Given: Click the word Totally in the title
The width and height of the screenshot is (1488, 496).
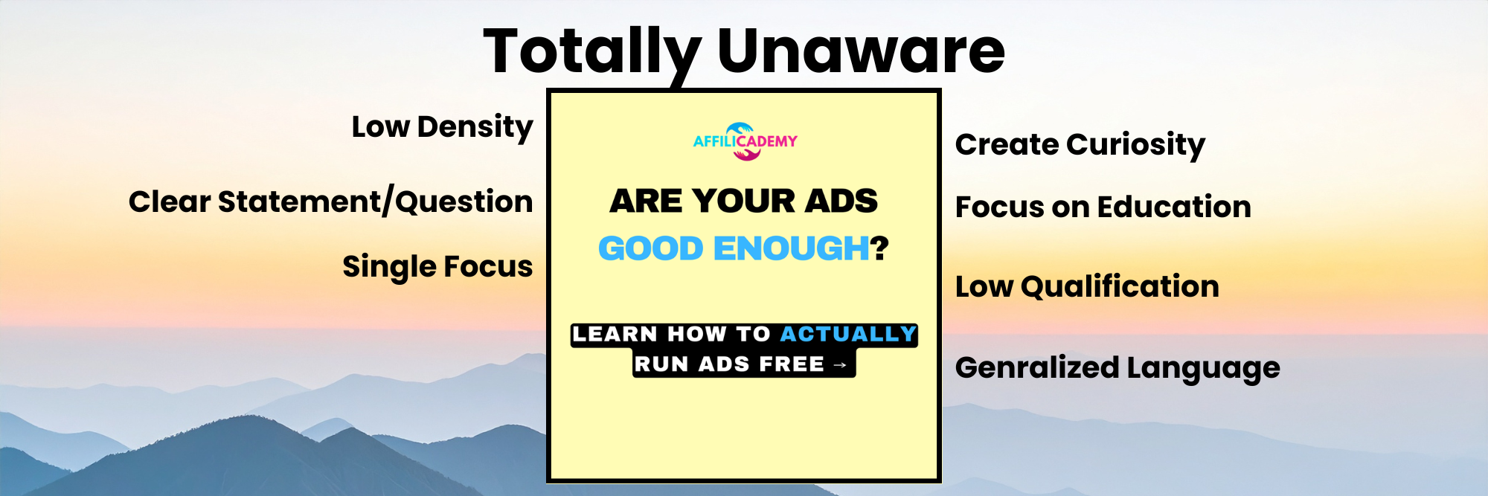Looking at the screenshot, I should coord(591,52).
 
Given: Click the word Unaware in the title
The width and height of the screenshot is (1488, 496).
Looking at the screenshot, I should coord(861,52).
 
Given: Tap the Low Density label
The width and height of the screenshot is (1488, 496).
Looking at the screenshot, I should coord(442,127).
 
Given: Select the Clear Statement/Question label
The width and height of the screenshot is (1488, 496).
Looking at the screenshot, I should coord(330,202).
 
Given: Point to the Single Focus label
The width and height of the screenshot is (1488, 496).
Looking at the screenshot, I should coord(437,266).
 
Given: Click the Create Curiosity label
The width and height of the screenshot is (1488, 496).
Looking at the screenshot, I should coord(1080,144).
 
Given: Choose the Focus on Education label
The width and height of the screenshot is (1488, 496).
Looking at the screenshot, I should coord(1103,207).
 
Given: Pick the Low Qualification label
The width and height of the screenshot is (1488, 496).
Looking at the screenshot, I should coord(1087,286).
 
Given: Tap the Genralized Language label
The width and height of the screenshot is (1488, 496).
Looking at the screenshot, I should coord(1117,367).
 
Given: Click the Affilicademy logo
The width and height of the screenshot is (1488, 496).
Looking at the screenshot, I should coord(745,141).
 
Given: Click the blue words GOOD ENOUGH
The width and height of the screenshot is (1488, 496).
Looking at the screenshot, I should coord(734,248).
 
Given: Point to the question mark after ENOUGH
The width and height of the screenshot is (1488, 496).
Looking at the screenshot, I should coord(880,248).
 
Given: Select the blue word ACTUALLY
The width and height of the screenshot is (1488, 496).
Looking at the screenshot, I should coord(848,335).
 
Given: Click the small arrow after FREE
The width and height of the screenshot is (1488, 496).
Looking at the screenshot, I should coord(840,365).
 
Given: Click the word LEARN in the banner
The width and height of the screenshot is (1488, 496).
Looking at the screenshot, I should coord(615,335).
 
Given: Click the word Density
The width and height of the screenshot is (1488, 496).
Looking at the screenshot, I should coord(475,127).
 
